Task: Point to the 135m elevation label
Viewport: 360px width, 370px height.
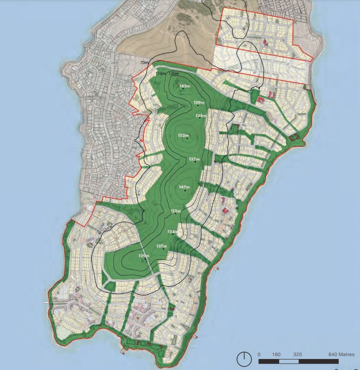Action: point(201,116)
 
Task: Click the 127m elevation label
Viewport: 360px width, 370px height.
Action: point(194,159)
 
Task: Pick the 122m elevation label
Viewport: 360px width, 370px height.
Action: point(176,211)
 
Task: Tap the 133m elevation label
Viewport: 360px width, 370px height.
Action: point(173,232)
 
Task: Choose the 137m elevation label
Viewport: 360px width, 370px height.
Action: point(161,246)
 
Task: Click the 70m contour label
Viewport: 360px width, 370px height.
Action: point(144,63)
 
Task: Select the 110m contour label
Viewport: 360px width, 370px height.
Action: point(161,73)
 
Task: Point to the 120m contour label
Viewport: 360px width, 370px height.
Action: point(174,73)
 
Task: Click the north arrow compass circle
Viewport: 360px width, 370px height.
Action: point(244,358)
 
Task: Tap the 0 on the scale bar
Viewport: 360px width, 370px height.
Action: point(259,354)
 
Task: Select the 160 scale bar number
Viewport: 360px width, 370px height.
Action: point(276,354)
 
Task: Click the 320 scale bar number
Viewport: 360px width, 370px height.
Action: point(296,354)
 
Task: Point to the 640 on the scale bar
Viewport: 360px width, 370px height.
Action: point(333,354)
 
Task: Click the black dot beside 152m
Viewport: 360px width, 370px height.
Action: point(187,140)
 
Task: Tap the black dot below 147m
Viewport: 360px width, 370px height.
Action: point(185,191)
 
